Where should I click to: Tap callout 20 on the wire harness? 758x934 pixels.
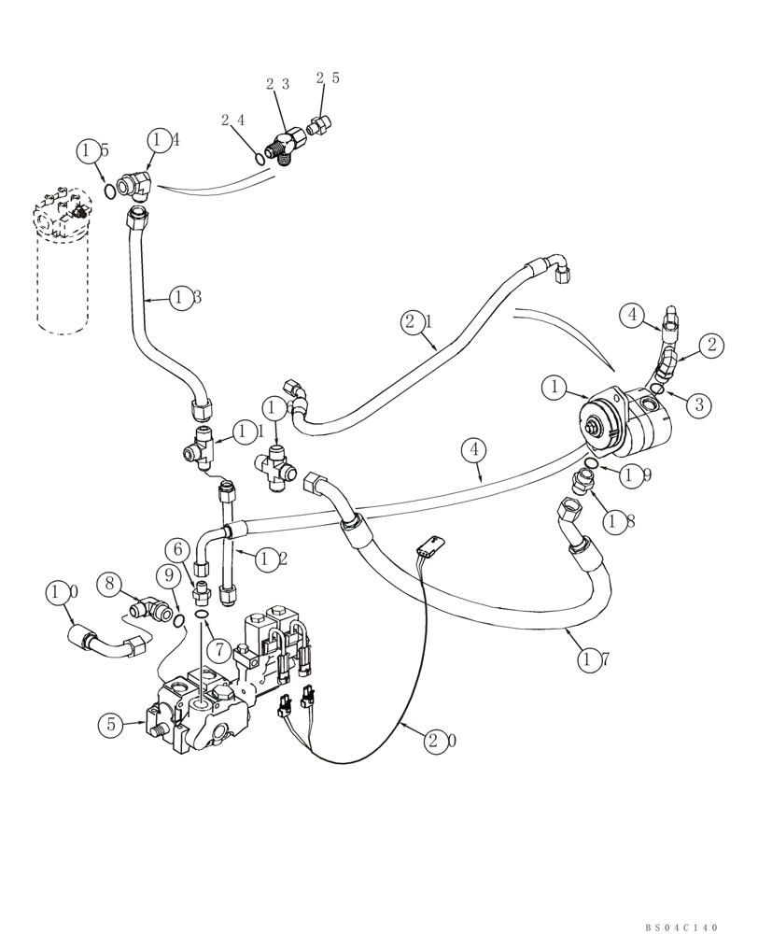442,742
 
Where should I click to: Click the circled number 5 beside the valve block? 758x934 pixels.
112,723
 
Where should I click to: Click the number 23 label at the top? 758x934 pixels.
277,84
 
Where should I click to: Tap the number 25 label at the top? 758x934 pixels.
328,78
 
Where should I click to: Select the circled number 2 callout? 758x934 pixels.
711,345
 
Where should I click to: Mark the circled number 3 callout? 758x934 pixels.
698,403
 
